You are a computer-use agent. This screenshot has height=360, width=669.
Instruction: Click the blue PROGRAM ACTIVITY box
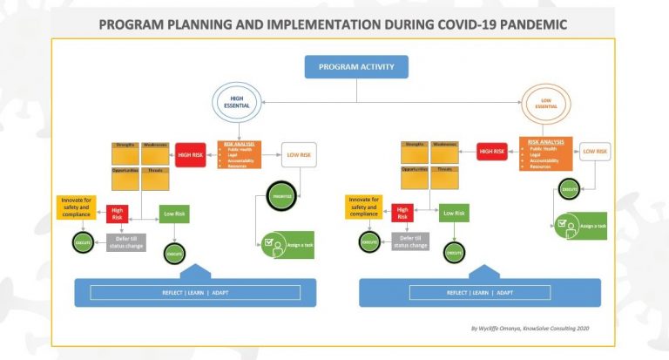355,67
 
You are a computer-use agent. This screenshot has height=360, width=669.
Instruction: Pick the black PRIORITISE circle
282,196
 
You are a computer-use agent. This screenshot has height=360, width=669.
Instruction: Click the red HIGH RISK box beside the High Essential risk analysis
190,154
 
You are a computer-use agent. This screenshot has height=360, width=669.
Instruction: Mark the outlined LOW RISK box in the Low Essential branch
594,152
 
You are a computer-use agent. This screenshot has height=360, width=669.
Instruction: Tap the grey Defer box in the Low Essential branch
412,241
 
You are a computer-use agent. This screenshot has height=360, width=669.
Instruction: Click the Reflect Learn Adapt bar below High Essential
201,293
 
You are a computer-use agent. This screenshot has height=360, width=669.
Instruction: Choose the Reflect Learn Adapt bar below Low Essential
479,293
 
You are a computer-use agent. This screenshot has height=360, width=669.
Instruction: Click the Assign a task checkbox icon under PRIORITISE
273,241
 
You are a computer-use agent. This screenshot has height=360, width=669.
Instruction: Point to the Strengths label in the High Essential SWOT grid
125,145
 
